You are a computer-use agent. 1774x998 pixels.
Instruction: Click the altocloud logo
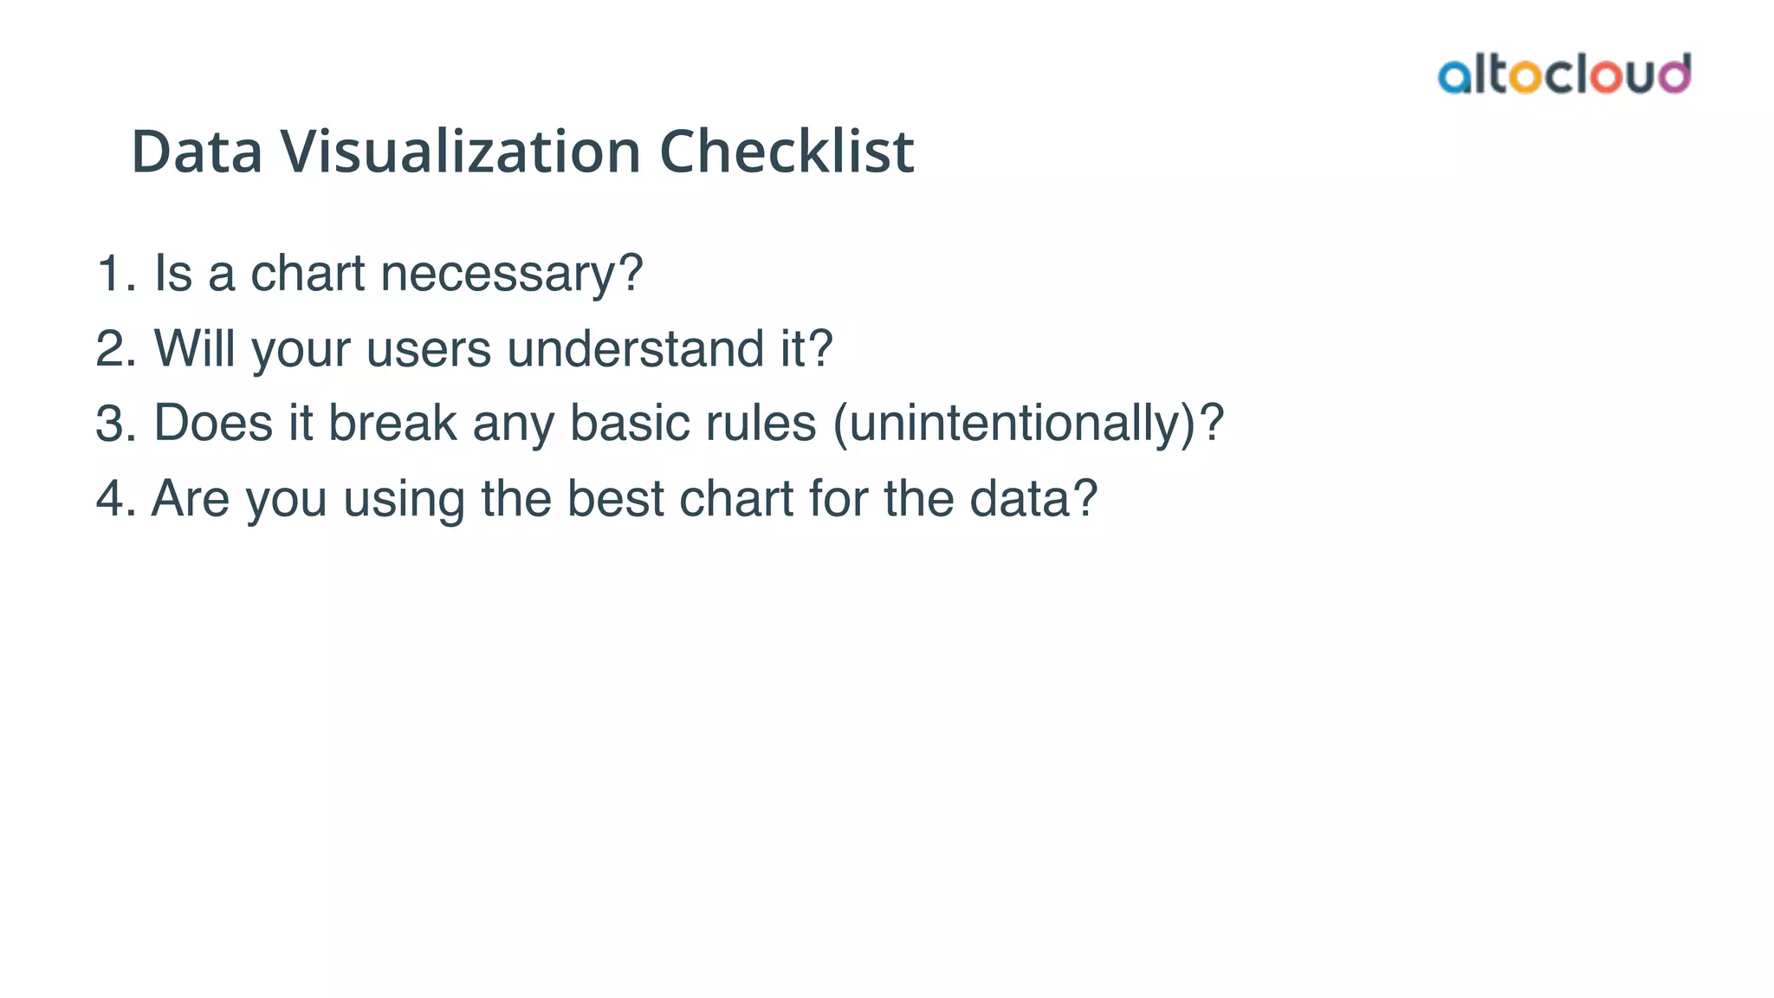pos(1564,75)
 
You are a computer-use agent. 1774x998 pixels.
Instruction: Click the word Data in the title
pos(197,152)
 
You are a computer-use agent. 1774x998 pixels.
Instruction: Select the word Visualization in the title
pos(460,152)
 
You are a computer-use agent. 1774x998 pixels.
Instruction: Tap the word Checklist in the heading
pos(787,152)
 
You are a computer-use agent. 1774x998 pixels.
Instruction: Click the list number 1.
pos(111,274)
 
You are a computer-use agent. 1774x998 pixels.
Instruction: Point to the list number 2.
pos(111,349)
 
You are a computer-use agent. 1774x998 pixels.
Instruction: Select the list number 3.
pos(111,424)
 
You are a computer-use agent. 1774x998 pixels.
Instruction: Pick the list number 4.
pos(111,499)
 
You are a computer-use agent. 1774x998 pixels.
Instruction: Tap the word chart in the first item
pos(308,274)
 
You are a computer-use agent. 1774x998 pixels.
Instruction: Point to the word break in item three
pos(392,424)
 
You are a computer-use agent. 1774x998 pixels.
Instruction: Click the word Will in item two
pos(195,349)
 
